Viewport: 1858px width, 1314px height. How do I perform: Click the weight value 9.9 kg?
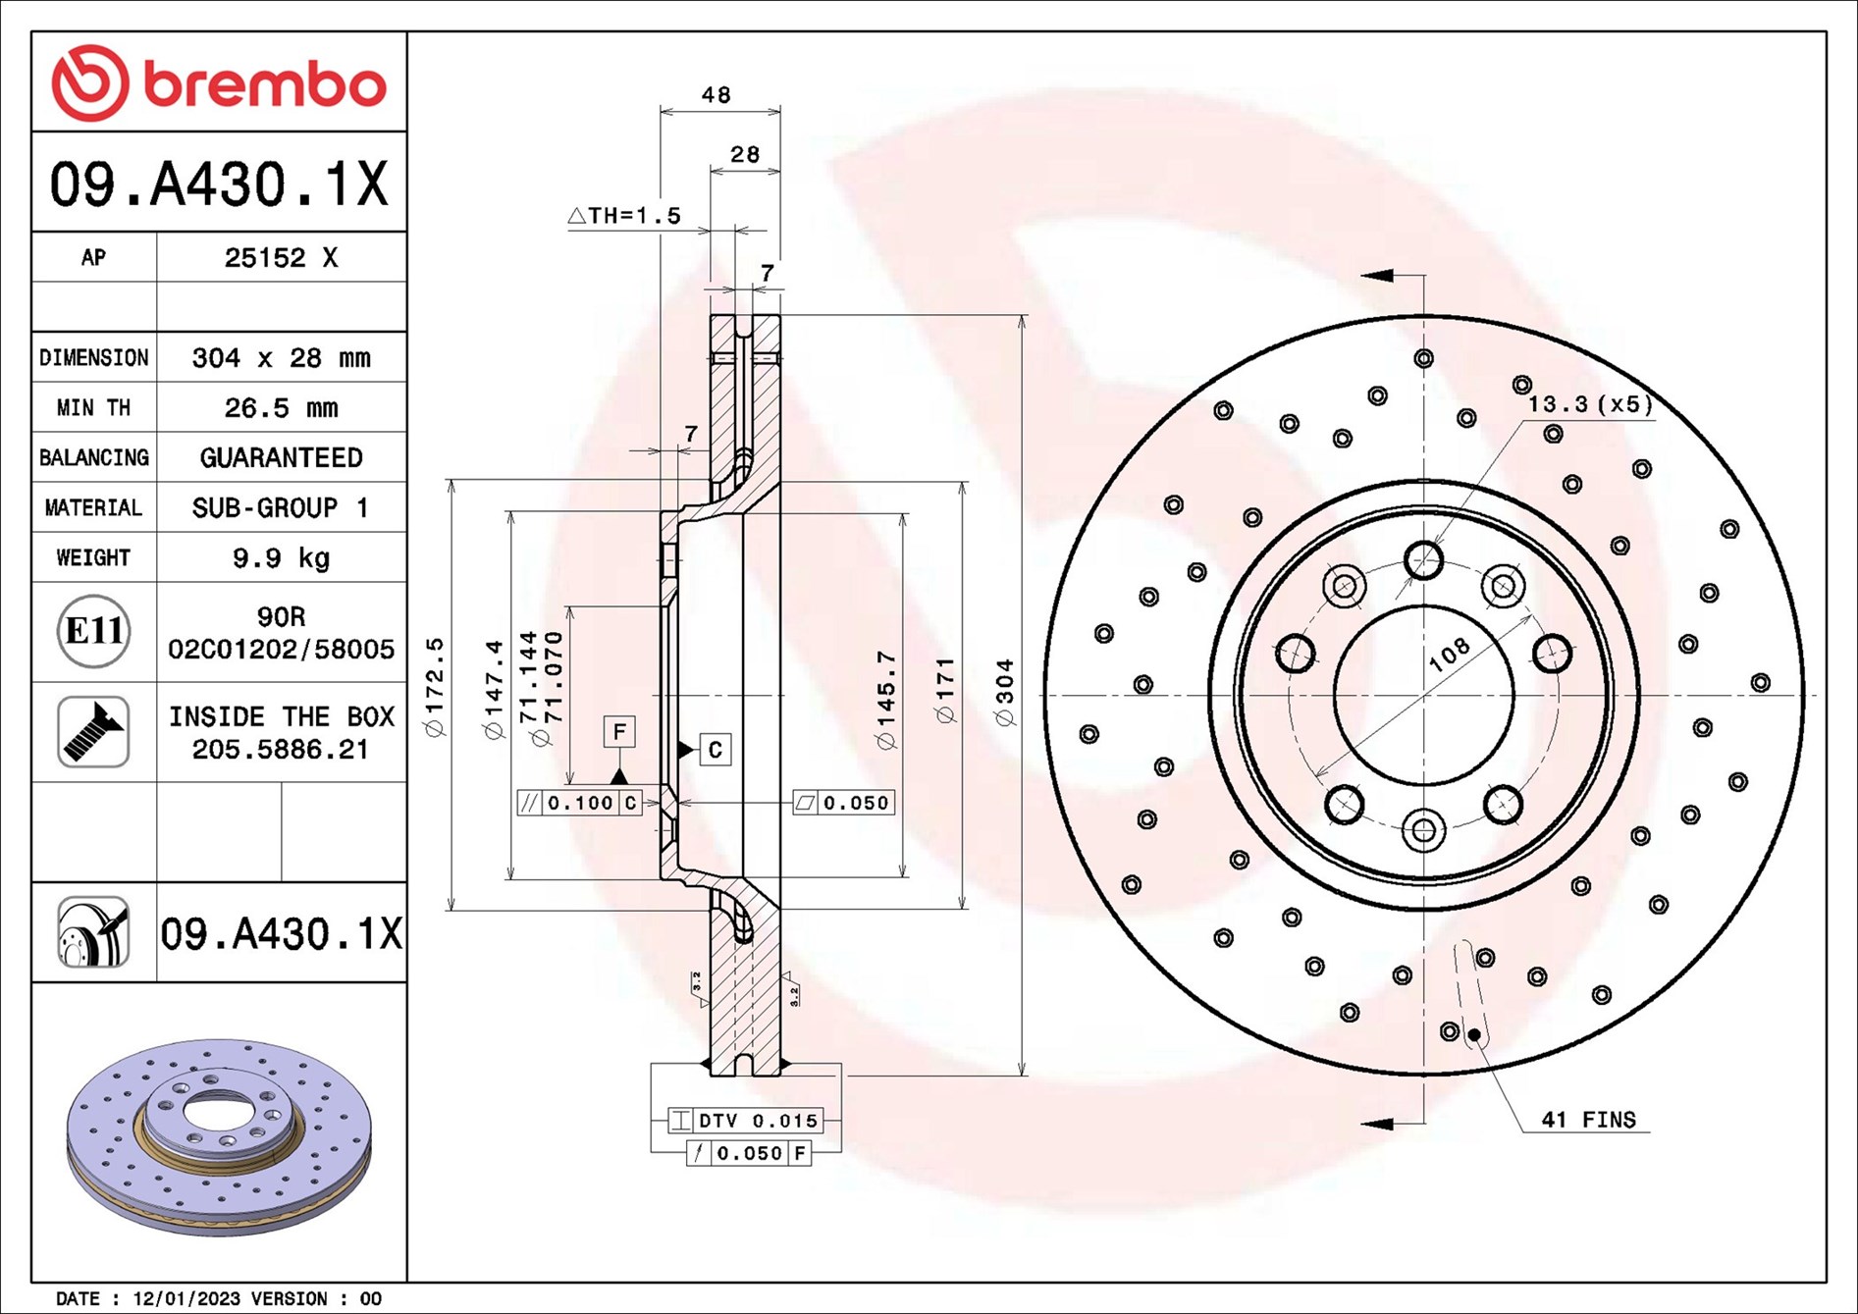[281, 558]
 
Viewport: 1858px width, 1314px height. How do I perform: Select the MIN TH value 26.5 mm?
[281, 407]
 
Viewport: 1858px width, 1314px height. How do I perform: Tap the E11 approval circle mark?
[93, 631]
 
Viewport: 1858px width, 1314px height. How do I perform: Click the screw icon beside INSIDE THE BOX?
[93, 732]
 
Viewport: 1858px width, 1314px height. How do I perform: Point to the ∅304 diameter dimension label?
[1004, 692]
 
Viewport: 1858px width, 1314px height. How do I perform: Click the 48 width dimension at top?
[717, 95]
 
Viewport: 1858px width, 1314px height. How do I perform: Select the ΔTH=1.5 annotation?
[624, 215]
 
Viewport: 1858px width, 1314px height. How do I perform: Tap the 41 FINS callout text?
[1588, 1120]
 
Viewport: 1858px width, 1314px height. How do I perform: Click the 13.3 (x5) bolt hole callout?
[1590, 404]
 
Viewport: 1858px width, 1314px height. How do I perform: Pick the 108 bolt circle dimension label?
[1450, 654]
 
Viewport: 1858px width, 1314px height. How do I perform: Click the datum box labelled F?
[619, 732]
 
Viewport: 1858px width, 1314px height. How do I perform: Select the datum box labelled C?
[715, 750]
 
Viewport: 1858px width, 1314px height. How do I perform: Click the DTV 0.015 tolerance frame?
[745, 1121]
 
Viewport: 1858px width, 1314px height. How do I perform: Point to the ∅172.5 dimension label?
[435, 686]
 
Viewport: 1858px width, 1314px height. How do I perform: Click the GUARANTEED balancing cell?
[281, 457]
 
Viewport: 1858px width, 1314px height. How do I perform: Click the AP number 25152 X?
[281, 257]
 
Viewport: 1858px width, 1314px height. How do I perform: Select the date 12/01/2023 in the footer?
[186, 1298]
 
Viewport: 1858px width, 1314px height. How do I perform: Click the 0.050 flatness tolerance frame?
[843, 803]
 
